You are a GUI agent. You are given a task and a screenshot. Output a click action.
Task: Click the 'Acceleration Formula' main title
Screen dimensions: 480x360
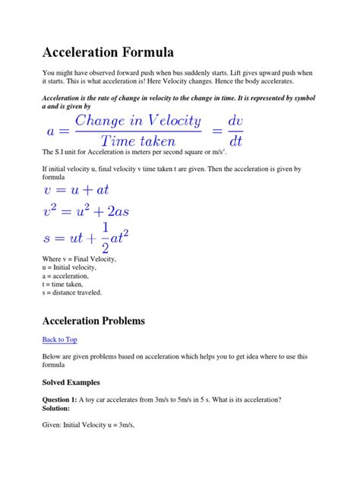108,52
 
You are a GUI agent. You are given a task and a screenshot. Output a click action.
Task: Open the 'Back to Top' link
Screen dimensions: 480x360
59,339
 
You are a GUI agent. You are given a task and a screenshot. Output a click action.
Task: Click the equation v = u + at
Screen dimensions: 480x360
77,190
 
